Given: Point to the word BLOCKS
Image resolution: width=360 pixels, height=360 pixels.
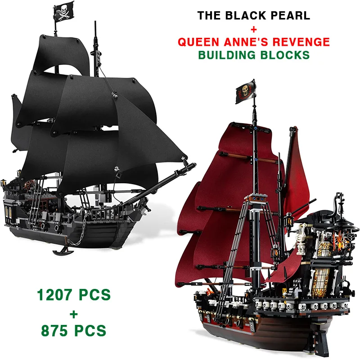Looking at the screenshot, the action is click(287, 55).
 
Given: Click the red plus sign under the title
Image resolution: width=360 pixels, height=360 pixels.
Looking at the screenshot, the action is click(253, 29).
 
